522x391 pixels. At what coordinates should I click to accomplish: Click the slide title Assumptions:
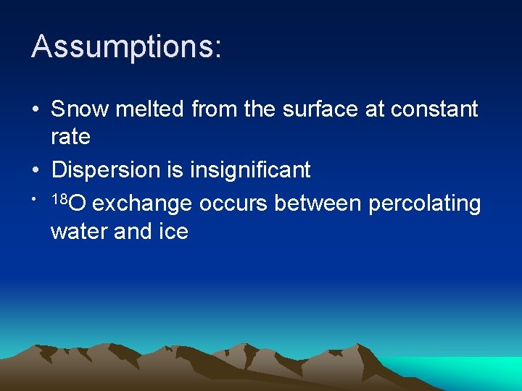tap(126, 47)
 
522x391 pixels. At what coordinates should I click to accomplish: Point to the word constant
tap(434, 109)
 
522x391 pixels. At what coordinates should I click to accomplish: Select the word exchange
tap(142, 205)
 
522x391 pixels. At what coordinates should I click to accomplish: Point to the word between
tap(318, 204)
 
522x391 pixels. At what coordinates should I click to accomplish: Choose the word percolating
tap(425, 205)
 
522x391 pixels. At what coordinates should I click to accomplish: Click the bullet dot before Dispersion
tap(36, 171)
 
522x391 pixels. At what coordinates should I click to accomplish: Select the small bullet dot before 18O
tap(35, 198)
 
